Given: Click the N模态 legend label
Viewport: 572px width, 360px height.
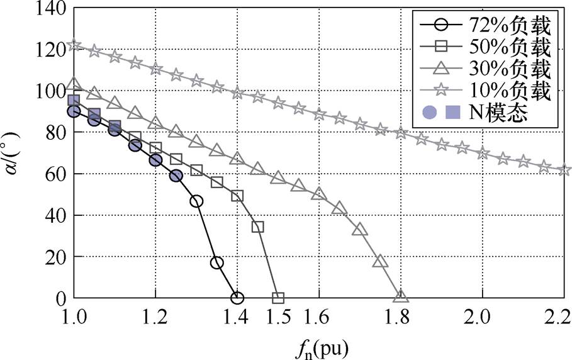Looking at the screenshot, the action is pyautogui.click(x=498, y=112).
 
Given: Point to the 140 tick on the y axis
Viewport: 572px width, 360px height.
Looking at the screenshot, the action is pyautogui.click(x=51, y=8).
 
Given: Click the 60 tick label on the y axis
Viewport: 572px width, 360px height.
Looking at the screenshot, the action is pyautogui.click(x=56, y=174).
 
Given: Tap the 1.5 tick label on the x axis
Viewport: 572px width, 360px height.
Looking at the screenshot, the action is pyautogui.click(x=278, y=317).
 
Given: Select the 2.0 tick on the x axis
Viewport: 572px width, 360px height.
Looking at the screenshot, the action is pyautogui.click(x=482, y=317).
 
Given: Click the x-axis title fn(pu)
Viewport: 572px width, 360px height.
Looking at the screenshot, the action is pyautogui.click(x=321, y=347).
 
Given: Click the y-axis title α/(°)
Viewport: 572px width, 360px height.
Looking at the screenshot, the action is pyautogui.click(x=13, y=153).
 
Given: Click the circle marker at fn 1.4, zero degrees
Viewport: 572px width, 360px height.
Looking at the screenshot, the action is pyautogui.click(x=237, y=298).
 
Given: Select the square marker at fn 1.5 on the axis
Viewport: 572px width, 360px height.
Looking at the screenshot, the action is pyautogui.click(x=278, y=298).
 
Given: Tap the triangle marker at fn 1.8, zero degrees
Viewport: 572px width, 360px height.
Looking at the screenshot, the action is pyautogui.click(x=401, y=296).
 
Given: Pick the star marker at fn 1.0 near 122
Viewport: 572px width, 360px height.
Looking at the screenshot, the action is pyautogui.click(x=74, y=45).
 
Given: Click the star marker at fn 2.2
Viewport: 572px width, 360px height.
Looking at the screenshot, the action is pyautogui.click(x=564, y=169).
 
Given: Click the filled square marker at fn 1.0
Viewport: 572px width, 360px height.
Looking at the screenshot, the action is pyautogui.click(x=74, y=100).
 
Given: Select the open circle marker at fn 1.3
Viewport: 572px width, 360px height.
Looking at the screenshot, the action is pyautogui.click(x=196, y=201).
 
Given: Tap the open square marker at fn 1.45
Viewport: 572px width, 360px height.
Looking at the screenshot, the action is pyautogui.click(x=257, y=227).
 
